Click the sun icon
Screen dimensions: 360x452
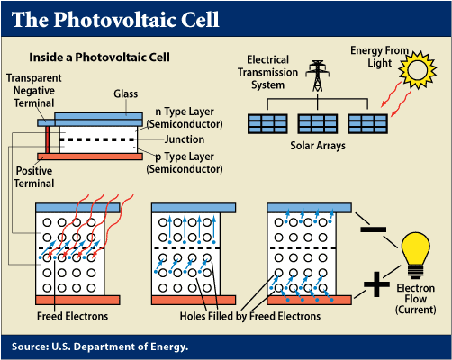tap(420, 67)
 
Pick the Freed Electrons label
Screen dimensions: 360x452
tap(73, 316)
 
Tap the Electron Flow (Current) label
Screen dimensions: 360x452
tap(415, 299)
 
